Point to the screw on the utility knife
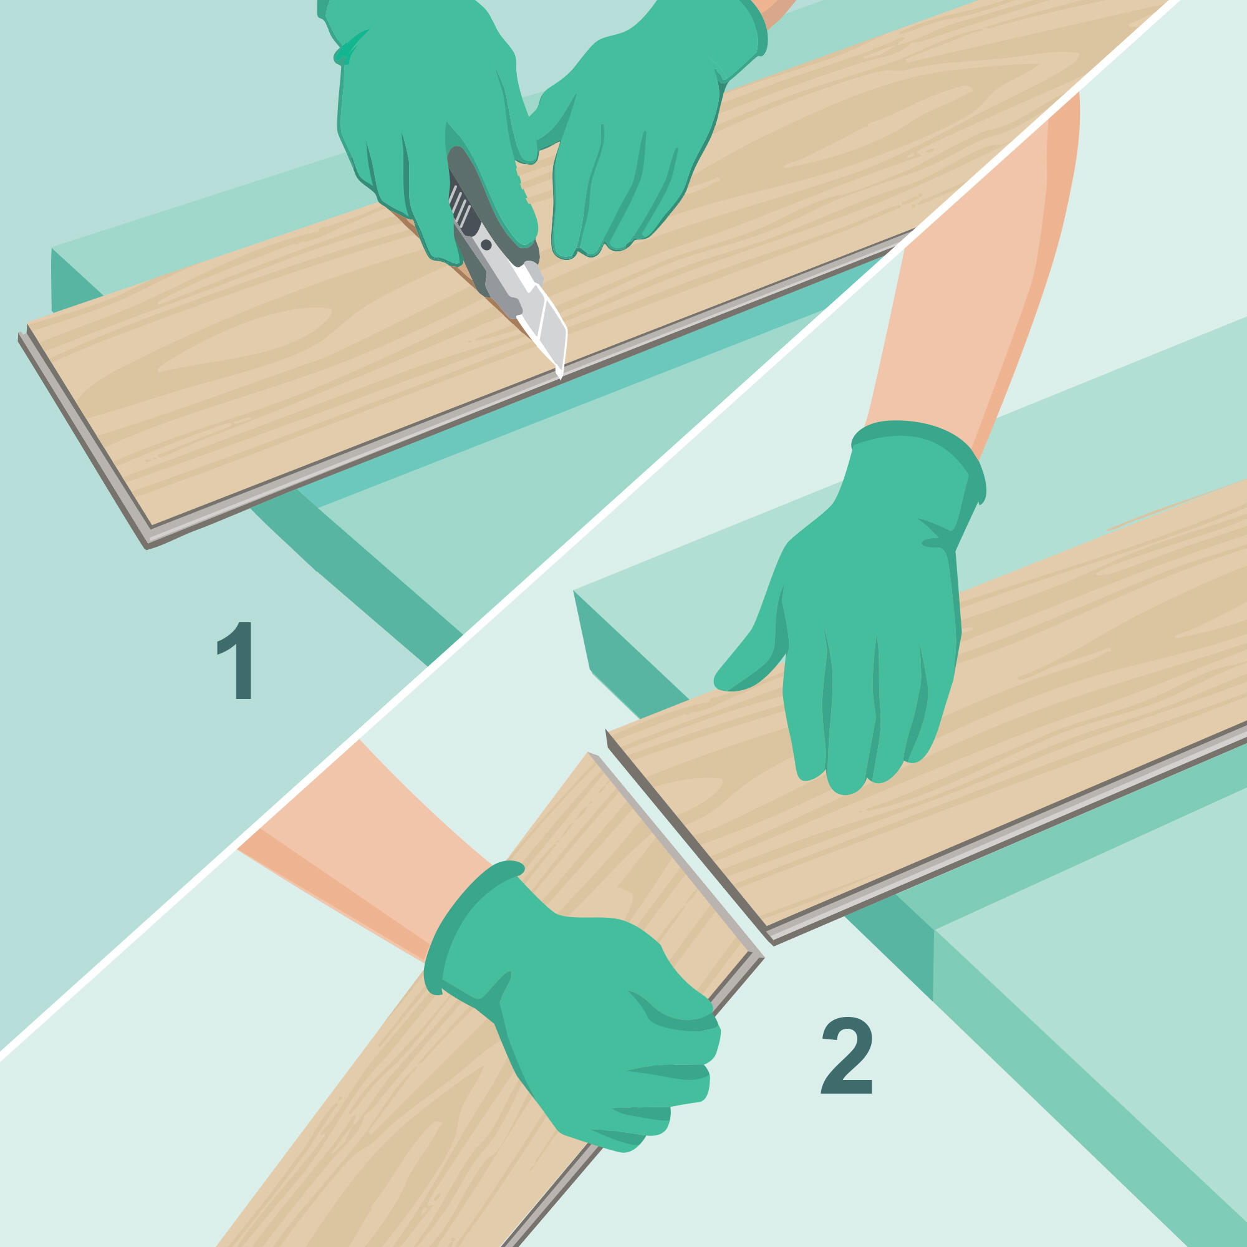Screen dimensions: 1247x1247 pyautogui.click(x=486, y=244)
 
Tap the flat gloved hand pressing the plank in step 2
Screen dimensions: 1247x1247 pyautogui.click(x=859, y=613)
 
